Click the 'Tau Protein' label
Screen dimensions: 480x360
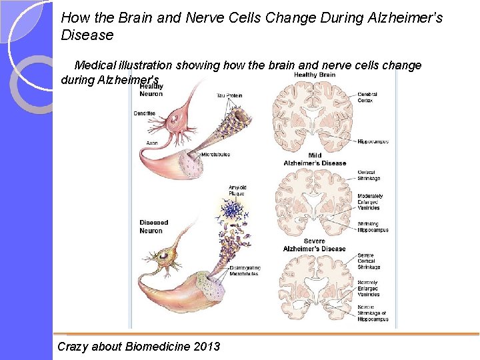point(229,95)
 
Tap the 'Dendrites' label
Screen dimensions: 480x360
point(144,113)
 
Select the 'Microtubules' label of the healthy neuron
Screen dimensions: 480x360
point(215,154)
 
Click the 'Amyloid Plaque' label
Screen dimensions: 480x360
point(237,191)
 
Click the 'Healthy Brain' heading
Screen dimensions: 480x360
point(314,75)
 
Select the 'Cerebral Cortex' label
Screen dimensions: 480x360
point(367,97)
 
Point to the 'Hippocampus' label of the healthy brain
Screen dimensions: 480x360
point(373,141)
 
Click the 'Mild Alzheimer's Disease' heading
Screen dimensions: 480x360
point(315,159)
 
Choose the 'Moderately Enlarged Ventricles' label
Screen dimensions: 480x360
point(370,202)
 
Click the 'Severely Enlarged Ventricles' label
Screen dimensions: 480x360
point(369,289)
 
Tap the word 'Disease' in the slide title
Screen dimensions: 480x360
point(87,35)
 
